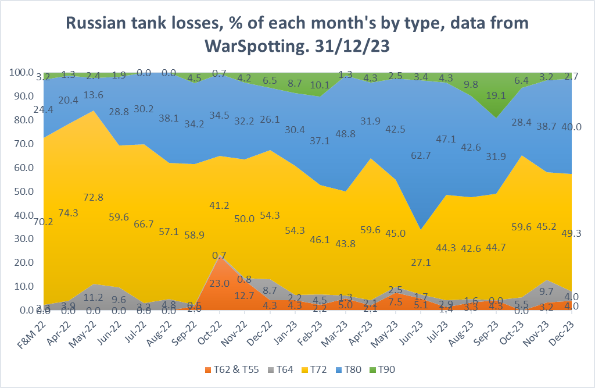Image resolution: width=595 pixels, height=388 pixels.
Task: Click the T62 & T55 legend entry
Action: point(228,369)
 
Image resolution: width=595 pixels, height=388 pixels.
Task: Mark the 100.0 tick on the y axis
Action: point(21,73)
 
